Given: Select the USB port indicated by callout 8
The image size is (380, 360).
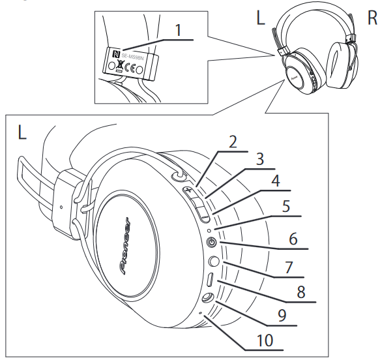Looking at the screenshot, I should click(211, 281).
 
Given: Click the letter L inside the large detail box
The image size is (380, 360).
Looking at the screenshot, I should click(22, 133).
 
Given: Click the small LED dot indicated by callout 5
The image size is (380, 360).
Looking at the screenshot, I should click(207, 230).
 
